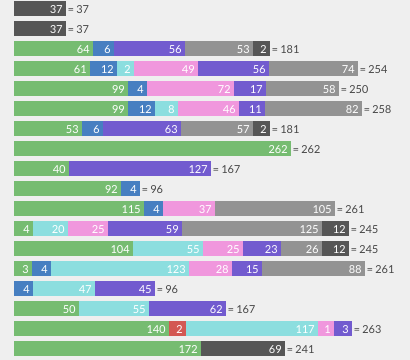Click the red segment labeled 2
177,328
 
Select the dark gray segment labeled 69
242,348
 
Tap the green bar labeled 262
152,148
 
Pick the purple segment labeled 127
140,168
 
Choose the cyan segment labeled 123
120,268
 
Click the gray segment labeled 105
275,208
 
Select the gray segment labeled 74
313,68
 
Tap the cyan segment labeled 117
252,328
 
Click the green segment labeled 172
107,348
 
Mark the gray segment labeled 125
252,228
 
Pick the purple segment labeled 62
187,308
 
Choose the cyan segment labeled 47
64,288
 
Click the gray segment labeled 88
313,268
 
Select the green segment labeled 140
91,328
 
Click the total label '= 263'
367,329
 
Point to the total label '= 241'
300,349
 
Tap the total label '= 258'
377,109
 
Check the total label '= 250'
354,89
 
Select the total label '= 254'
373,69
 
